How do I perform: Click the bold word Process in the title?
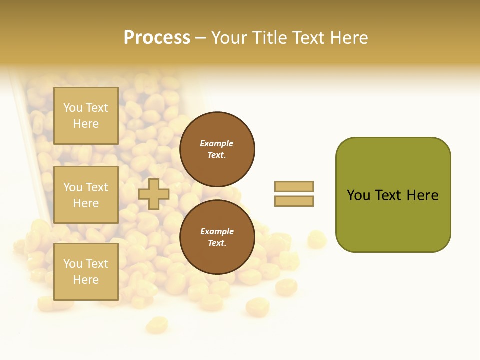(x=157, y=38)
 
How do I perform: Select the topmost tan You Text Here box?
(x=86, y=116)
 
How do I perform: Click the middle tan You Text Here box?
(x=86, y=195)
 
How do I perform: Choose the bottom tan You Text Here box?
(x=86, y=271)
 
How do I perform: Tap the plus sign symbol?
(x=153, y=194)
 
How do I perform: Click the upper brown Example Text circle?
(x=217, y=149)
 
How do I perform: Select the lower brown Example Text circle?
(x=217, y=237)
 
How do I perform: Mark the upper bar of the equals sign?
(x=294, y=186)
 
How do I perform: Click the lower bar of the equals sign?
(x=294, y=201)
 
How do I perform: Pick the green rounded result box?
(x=393, y=194)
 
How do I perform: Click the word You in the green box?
(x=358, y=195)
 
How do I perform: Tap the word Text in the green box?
(x=389, y=195)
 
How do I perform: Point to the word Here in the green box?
(x=422, y=195)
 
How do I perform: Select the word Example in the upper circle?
(x=217, y=143)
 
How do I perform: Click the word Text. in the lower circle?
(x=217, y=243)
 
